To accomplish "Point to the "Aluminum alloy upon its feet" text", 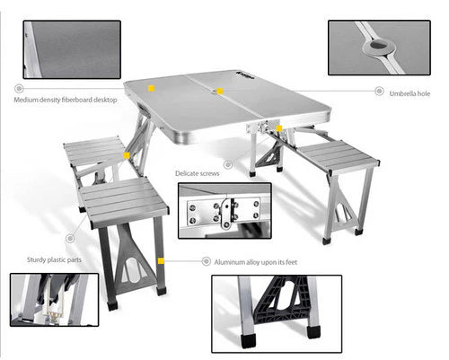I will pos(255,262).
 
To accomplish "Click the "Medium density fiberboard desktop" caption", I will pos(66,100).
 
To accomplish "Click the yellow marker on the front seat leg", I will pos(160,260).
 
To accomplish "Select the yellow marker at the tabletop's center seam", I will pos(217,91).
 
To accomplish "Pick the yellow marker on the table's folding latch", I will pos(280,128).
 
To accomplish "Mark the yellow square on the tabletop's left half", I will pos(152,89).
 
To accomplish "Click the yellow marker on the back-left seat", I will pos(127,155).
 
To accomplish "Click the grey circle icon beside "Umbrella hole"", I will pos(378,92).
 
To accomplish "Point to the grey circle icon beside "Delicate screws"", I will pos(228,165).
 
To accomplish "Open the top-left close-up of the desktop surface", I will pos(72,48).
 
